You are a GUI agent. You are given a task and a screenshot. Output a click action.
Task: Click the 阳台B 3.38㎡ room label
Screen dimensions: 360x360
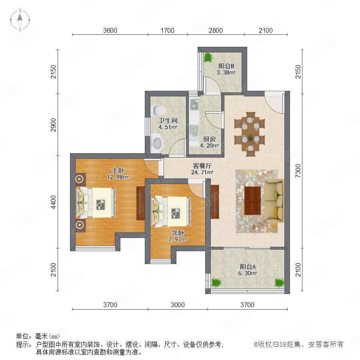coord(226,69)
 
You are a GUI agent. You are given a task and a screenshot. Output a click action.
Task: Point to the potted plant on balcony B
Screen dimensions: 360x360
coord(208,57)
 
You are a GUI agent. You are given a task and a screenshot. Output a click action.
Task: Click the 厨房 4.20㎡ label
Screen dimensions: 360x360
coord(209,142)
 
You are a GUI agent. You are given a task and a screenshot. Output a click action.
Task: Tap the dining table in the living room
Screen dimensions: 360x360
coord(250,134)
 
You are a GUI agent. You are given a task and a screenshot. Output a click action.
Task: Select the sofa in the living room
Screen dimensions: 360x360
coord(274,201)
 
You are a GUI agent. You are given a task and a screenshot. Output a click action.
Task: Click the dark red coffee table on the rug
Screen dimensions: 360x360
coord(252,201)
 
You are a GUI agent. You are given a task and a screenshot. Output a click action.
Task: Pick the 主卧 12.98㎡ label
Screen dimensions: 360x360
coord(118,174)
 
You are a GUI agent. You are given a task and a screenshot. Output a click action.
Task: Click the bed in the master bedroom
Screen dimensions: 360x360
coord(96,202)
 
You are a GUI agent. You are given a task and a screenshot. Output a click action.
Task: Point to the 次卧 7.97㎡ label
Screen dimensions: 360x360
coord(178,236)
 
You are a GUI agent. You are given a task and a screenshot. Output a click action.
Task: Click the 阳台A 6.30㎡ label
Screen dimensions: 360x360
coord(248,270)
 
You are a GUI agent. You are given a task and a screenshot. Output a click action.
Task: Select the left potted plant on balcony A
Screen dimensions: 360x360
coord(216,283)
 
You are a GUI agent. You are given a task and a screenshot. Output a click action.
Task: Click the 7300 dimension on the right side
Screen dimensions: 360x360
coord(298,171)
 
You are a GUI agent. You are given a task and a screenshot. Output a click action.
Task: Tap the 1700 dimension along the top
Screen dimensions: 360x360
coord(167,30)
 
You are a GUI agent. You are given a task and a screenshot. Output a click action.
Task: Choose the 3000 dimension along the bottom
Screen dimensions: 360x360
coord(178,305)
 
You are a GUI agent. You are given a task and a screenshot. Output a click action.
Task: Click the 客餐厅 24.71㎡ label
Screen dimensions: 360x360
coord(202,169)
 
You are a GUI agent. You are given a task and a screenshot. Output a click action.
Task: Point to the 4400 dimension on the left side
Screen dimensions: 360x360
coord(53,202)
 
